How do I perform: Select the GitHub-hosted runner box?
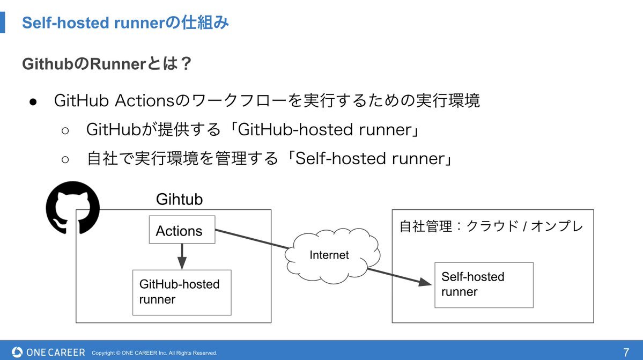(x=181, y=292)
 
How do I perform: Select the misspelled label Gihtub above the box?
(x=179, y=200)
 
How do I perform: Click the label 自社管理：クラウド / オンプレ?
(x=491, y=226)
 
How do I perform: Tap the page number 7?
(x=626, y=352)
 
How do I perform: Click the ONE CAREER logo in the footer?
(x=48, y=352)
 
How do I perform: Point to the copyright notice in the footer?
(x=154, y=353)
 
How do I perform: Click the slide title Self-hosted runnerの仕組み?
(x=125, y=23)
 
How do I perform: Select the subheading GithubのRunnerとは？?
(x=107, y=64)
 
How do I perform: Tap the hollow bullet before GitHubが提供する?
(x=65, y=130)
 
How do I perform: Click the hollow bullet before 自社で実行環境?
(x=65, y=159)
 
